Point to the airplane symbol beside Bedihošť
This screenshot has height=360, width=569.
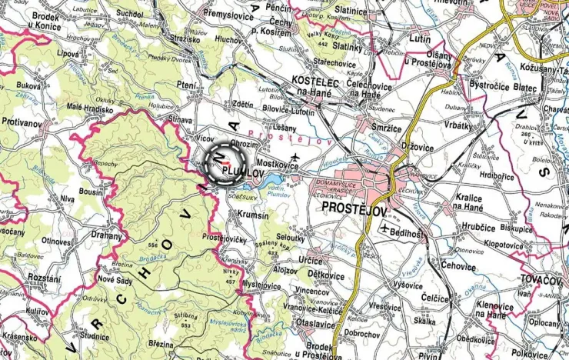(x=384, y=228)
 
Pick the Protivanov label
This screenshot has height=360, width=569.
(x=24, y=122)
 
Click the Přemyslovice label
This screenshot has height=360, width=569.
(x=229, y=13)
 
